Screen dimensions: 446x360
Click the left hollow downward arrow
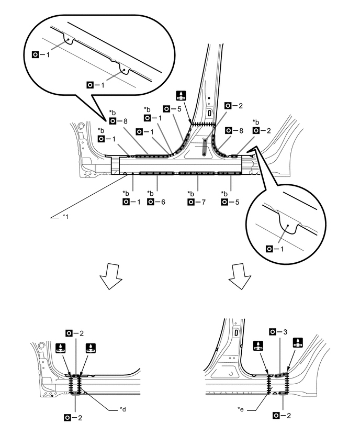(114, 278)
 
